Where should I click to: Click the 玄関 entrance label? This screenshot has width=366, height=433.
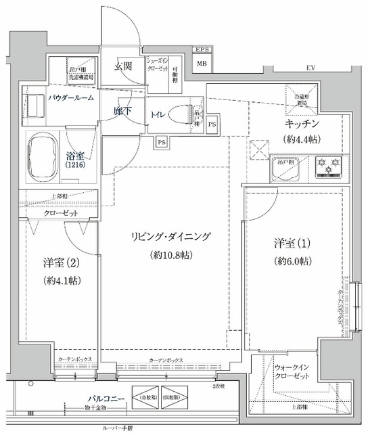point(122,66)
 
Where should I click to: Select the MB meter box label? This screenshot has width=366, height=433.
point(201,64)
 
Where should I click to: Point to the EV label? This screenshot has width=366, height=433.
point(311,69)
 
